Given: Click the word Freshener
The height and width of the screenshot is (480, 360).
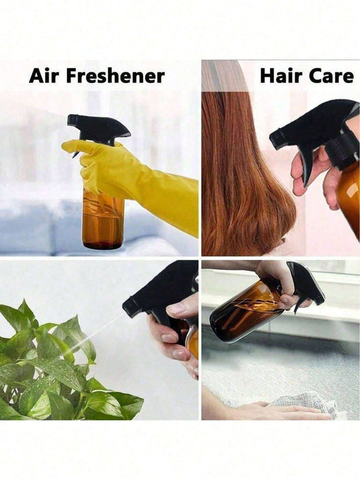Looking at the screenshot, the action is click(115, 76).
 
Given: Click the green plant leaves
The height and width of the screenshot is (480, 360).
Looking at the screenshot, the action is click(61, 367).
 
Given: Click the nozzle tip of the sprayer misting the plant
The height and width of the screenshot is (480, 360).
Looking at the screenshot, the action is click(126, 306).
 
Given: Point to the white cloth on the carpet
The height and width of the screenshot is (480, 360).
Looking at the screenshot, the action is click(306, 404).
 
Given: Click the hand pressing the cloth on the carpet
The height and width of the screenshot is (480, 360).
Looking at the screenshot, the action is click(276, 410).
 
